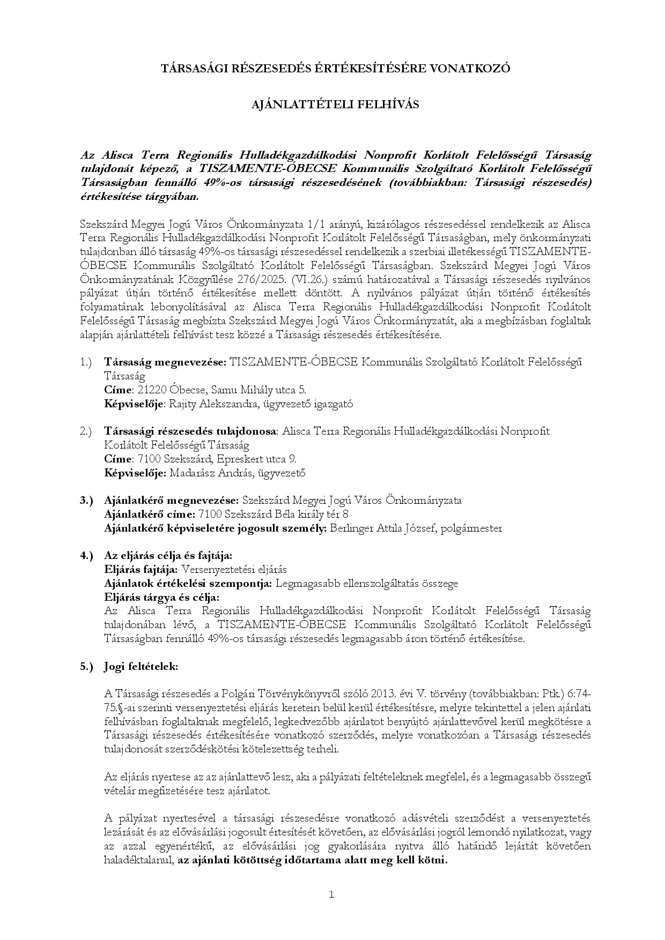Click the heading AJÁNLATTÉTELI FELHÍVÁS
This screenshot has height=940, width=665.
[x=335, y=105]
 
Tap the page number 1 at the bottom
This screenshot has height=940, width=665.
[x=331, y=894]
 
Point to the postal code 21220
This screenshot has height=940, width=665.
[x=153, y=390]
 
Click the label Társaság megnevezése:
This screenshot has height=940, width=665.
[x=165, y=362]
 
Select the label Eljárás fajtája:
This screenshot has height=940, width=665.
[x=142, y=569]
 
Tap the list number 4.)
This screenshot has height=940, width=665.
[x=87, y=555]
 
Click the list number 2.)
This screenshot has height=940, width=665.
[x=87, y=431]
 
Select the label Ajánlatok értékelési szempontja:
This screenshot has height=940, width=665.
[x=188, y=583]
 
